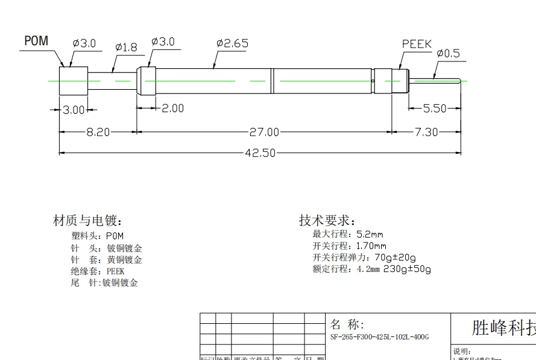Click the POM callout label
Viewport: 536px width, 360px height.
pos(36,41)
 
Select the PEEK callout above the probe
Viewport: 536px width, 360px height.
pos(417,44)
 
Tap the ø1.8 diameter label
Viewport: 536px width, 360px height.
pos(126,47)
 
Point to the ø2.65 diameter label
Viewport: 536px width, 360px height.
pos(232,43)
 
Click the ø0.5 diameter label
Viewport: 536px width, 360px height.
pos(448,53)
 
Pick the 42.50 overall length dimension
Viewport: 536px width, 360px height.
pos(260,153)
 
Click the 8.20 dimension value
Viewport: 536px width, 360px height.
pos(98,132)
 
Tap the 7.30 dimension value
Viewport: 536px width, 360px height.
pos(426,132)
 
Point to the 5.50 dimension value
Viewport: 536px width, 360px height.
pos(435,109)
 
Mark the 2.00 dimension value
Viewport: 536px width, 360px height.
pos(173,109)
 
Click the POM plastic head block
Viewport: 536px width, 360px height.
pos(73,80)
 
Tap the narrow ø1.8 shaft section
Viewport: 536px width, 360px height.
pos(112,80)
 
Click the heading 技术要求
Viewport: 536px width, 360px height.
pos(327,220)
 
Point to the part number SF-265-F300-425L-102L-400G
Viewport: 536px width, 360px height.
pos(379,337)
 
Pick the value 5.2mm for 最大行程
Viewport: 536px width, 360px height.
pos(370,234)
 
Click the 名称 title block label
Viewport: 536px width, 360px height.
pos(348,324)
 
